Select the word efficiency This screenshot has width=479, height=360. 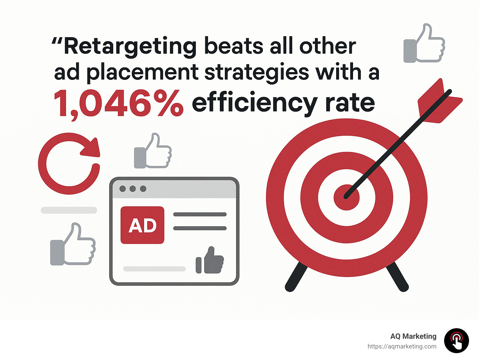tap(254, 104)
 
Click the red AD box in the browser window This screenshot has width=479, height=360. tap(142, 225)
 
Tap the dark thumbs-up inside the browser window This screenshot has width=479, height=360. tap(210, 260)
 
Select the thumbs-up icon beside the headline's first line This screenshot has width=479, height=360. tap(424, 43)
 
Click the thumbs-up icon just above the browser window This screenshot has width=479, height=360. tap(152, 151)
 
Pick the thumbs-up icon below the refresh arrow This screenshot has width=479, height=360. tap(73, 245)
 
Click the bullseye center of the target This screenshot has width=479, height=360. tap(346, 197)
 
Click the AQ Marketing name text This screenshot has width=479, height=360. tap(413, 336)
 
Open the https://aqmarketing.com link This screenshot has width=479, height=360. tap(402, 346)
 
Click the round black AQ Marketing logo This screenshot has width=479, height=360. tap(456, 341)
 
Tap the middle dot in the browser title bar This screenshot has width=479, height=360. tap(133, 189)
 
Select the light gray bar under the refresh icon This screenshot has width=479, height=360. tap(69, 210)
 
